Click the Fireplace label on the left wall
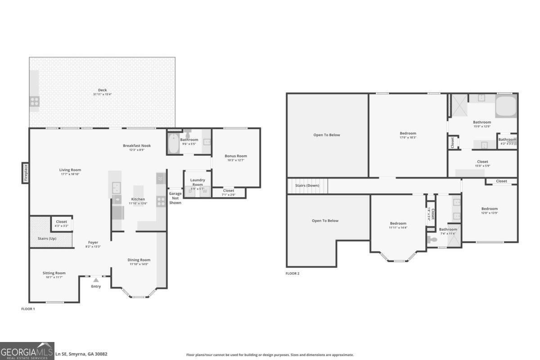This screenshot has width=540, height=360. pyautogui.click(x=26, y=173)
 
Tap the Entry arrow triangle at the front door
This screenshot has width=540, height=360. pyautogui.click(x=96, y=280)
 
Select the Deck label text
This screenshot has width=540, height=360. pyautogui.click(x=102, y=90)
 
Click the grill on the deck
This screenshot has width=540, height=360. pyautogui.click(x=35, y=101)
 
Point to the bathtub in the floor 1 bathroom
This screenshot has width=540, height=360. pyautogui.click(x=173, y=144)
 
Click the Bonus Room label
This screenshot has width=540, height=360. pyautogui.click(x=236, y=156)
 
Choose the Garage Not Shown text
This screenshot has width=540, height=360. pyautogui.click(x=175, y=198)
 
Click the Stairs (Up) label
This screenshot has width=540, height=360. pyautogui.click(x=46, y=238)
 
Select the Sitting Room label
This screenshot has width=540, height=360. pyautogui.click(x=54, y=273)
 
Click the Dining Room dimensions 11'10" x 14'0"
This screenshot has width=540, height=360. pyautogui.click(x=139, y=264)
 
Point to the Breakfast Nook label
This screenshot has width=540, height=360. pyautogui.click(x=137, y=145)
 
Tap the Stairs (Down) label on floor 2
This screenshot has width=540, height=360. pyautogui.click(x=307, y=185)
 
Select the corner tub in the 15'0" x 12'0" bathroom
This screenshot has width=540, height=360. pyautogui.click(x=506, y=106)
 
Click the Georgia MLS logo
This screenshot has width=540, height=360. pyautogui.click(x=27, y=351)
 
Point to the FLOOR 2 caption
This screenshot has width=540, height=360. pyautogui.click(x=292, y=273)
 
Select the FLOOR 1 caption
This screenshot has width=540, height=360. pyautogui.click(x=28, y=309)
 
